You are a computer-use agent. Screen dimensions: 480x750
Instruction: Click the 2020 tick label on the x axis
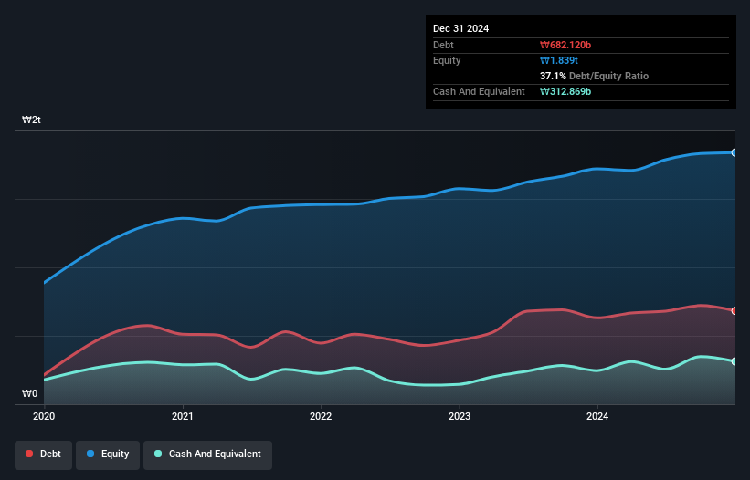tap(44, 416)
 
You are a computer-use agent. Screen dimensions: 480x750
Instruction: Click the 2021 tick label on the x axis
tap(183, 416)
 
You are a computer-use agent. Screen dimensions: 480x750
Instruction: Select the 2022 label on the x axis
tap(321, 416)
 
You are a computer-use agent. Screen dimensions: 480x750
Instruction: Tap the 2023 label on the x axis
tap(459, 416)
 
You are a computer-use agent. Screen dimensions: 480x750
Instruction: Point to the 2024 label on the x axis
tap(597, 416)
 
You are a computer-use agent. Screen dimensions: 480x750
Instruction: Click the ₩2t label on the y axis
tap(31, 120)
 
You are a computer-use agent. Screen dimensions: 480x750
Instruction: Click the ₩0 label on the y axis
tap(29, 394)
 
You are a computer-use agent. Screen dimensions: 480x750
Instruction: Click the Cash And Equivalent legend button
tap(207, 454)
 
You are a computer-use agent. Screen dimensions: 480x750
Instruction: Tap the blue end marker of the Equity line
tap(734, 152)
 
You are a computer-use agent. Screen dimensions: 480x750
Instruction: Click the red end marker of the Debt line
tap(734, 311)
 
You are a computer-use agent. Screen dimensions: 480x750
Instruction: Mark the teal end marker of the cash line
tap(734, 361)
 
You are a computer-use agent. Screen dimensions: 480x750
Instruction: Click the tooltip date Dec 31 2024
tap(460, 28)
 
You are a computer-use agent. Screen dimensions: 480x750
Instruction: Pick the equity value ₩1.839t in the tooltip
tap(560, 60)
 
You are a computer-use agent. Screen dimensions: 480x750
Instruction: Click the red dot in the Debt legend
tap(30, 454)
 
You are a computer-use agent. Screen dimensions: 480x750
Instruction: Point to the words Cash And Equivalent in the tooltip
tap(479, 91)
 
